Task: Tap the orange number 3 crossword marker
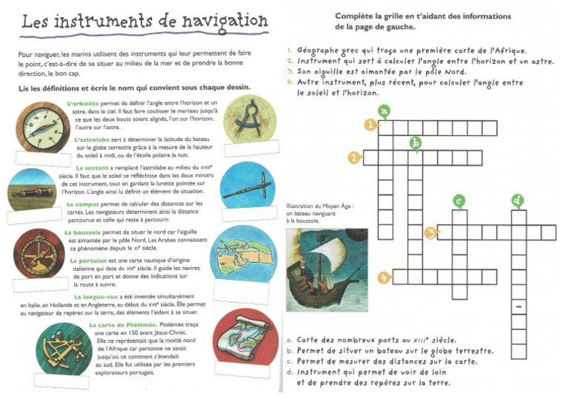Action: coord(430,233)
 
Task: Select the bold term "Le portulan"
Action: coord(87,261)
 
